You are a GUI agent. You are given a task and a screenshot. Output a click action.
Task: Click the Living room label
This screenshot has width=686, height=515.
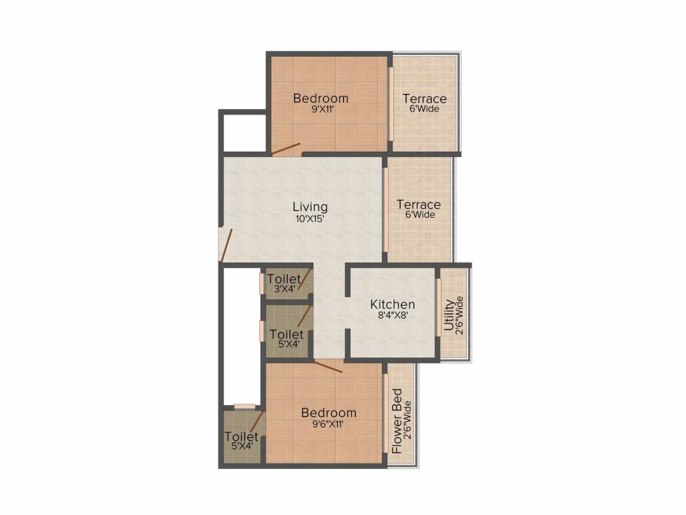[x=310, y=207]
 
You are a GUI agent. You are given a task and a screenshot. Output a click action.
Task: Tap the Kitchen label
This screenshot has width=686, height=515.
[x=393, y=304]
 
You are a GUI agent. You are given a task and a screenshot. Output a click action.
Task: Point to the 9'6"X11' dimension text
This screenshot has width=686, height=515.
[x=328, y=423]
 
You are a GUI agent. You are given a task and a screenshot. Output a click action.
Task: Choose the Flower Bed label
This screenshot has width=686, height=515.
[x=397, y=420]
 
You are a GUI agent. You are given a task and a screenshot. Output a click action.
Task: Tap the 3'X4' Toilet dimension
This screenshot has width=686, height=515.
[x=283, y=289]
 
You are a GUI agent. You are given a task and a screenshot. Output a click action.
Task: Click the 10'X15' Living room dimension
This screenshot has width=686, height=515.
[x=310, y=218]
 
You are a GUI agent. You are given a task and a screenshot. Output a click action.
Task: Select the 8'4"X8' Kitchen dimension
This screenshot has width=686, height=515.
[x=393, y=315]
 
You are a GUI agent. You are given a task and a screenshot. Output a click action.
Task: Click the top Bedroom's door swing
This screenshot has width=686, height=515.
[x=285, y=149]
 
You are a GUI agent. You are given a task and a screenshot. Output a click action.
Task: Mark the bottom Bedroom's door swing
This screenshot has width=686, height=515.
[x=329, y=366]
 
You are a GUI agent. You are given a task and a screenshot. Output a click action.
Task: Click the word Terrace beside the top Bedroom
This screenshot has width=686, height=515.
[x=424, y=99]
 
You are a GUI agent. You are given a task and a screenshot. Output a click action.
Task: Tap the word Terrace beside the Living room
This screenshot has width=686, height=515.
[x=418, y=205]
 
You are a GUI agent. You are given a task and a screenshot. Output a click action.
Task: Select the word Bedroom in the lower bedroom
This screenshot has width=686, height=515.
[x=328, y=412]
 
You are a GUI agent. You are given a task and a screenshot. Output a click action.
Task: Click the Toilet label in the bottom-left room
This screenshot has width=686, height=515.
[x=241, y=437]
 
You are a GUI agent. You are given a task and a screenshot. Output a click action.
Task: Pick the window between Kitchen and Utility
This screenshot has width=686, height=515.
[x=439, y=306]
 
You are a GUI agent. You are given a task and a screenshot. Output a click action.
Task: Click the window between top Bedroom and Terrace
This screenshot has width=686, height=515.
[x=391, y=103]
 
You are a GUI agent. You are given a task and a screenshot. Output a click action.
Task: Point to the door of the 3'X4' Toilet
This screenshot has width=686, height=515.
[x=305, y=278]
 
